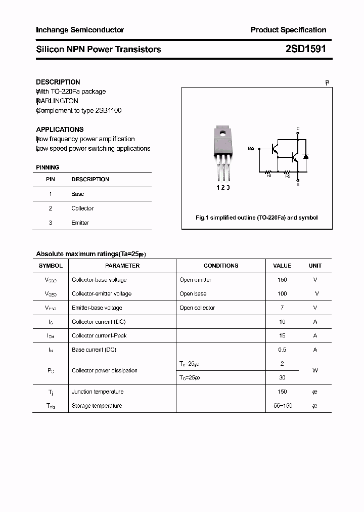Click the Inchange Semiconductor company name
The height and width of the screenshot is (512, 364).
click(x=80, y=30)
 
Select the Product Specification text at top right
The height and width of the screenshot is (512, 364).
click(x=288, y=30)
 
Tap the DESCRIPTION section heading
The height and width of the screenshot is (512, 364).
click(x=58, y=82)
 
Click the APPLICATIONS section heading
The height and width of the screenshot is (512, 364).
click(x=60, y=130)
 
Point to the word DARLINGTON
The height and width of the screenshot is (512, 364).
click(x=58, y=101)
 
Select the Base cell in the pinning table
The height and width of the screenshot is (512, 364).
click(x=78, y=194)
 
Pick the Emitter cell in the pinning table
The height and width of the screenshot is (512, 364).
click(x=80, y=223)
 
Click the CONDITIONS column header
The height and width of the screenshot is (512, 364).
click(x=220, y=266)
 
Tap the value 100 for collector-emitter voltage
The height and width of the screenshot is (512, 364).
click(x=282, y=293)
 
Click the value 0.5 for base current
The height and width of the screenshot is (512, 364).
click(x=282, y=350)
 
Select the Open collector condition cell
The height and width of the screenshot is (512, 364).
click(x=197, y=308)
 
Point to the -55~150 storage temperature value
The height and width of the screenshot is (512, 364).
click(x=282, y=406)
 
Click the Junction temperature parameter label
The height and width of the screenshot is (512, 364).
click(x=98, y=392)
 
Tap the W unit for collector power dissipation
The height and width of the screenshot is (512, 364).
click(x=315, y=370)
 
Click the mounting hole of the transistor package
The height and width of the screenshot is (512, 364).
click(x=222, y=134)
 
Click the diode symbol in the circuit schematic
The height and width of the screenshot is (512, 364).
click(x=306, y=156)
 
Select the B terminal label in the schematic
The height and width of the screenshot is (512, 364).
click(x=249, y=149)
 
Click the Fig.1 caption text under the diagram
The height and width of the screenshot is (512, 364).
click(x=257, y=218)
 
